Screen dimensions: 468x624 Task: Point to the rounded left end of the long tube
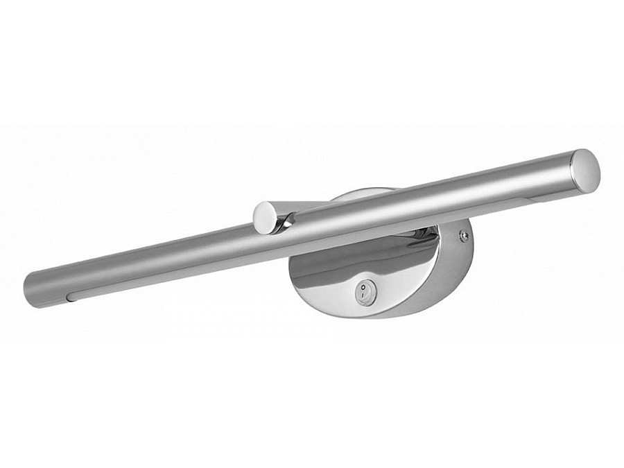[x=29, y=284]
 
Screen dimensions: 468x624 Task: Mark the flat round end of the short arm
[x=264, y=216]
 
